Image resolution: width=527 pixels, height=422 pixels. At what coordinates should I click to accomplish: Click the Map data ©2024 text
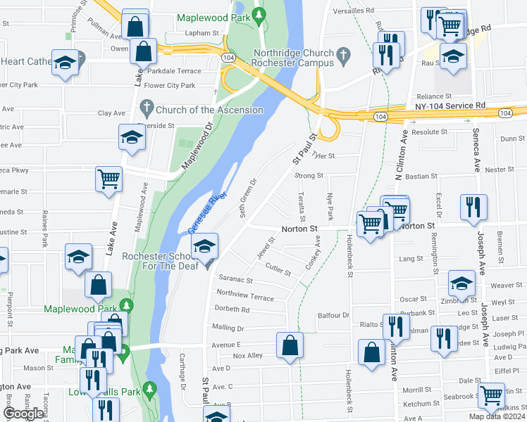pos(497,416)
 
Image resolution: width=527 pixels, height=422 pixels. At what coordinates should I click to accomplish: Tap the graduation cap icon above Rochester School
pos(205,246)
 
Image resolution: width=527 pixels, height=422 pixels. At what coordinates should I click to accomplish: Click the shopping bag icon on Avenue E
pos(290,346)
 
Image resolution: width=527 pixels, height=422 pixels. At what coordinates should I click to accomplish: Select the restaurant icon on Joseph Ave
pos(473,207)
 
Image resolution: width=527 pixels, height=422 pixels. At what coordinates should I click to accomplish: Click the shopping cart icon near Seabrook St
pos(491,396)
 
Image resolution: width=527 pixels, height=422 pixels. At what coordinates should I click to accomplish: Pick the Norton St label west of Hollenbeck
pos(300,229)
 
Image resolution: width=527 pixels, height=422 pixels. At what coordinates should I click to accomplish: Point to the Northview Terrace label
pos(244,295)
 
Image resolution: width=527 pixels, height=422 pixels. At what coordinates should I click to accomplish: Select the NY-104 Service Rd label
pos(450,105)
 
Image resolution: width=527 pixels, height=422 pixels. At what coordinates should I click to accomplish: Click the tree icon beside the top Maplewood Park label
pos(260,14)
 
